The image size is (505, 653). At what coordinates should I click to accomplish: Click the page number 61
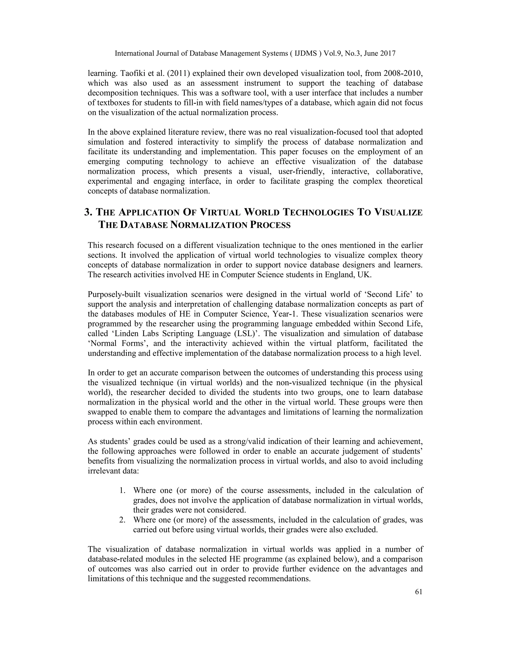point(418,592)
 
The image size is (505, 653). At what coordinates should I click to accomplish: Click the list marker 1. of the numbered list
point(122,490)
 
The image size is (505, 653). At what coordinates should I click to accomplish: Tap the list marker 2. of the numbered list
point(122,520)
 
